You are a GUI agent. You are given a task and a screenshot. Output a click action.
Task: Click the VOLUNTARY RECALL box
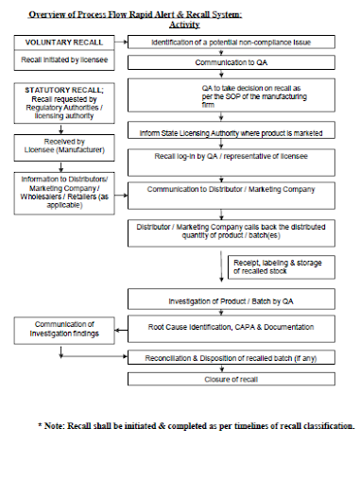pyautogui.click(x=59, y=43)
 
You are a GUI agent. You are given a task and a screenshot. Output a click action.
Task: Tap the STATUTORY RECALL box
pyautogui.click(x=59, y=104)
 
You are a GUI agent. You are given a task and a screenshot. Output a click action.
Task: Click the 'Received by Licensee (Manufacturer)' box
pyautogui.click(x=58, y=146)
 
